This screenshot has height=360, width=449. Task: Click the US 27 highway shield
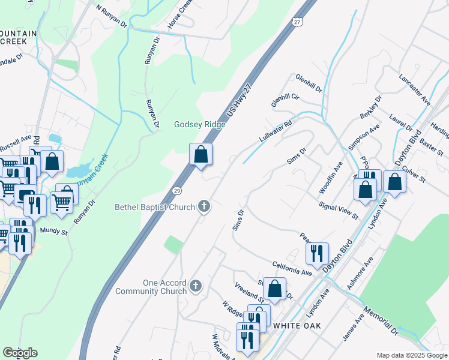point(297,22)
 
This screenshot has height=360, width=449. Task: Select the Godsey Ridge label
point(199,125)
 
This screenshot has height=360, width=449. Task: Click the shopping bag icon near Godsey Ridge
point(200,154)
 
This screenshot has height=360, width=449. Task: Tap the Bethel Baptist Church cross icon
point(204,207)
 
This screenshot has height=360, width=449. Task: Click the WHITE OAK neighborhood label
point(297,325)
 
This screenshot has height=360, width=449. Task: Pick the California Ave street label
point(292,268)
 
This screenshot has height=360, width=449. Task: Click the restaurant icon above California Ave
point(316,253)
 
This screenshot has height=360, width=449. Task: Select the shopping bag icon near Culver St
point(394,182)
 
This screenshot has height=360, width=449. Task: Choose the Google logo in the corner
point(20,353)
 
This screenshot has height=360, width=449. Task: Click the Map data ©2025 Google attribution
point(411,355)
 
